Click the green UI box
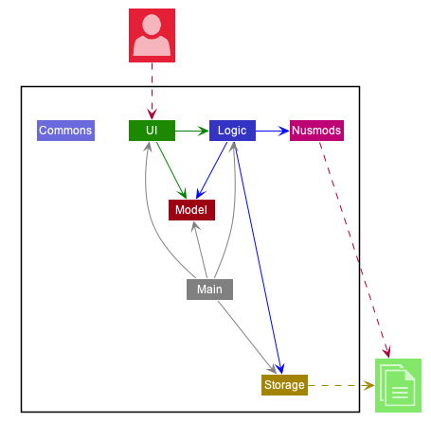pos(152,131)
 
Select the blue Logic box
pos(232,131)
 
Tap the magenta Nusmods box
pos(316,131)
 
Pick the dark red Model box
pos(191,209)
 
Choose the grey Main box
pos(209,290)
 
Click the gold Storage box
pos(284,385)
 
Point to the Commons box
pos(65,131)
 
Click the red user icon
pos(152,35)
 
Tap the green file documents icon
pos(398,385)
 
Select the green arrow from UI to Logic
pos(191,131)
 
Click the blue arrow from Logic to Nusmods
pos(272,131)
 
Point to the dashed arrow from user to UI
pos(152,91)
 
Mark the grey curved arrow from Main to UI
pos(152,218)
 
